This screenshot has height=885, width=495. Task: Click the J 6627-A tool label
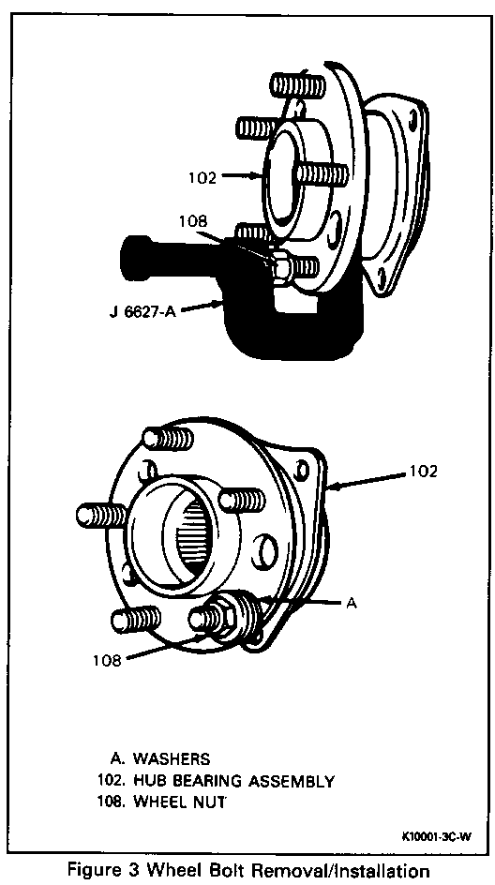tap(142, 311)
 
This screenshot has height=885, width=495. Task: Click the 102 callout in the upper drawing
tap(202, 178)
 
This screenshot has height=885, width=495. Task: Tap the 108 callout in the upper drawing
tap(195, 221)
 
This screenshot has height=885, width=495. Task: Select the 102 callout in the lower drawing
tap(422, 471)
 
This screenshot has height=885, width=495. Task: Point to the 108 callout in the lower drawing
tap(107, 661)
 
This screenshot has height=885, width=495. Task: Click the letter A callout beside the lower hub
tap(352, 604)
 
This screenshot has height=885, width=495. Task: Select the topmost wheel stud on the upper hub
tap(297, 84)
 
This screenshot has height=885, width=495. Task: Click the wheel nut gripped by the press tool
tap(280, 263)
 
